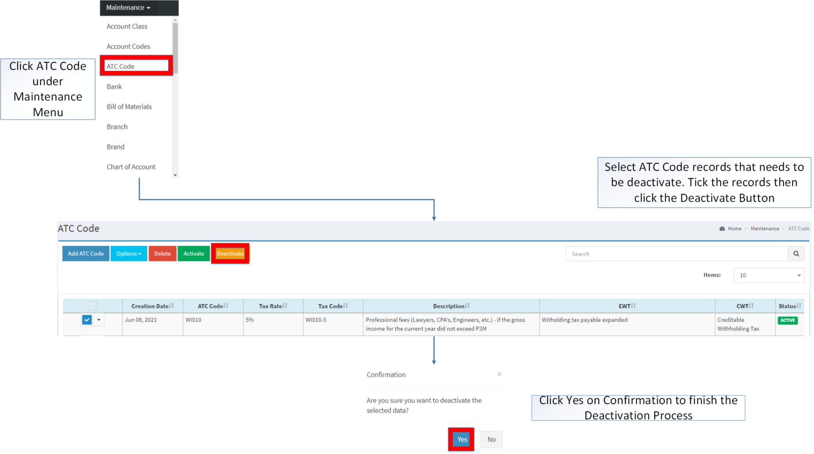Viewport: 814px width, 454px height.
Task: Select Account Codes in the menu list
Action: (x=128, y=46)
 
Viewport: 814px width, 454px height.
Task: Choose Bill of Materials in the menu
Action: (x=129, y=107)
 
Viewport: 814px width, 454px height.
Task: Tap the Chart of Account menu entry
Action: (x=131, y=167)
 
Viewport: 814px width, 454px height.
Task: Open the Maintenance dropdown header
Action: (x=128, y=8)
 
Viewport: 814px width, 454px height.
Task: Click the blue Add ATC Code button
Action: (x=86, y=253)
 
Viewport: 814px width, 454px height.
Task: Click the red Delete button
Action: (x=162, y=253)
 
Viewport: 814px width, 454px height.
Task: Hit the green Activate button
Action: (x=193, y=253)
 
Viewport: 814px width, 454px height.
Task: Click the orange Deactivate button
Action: (x=230, y=253)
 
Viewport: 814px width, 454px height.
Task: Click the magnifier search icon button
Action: (x=796, y=253)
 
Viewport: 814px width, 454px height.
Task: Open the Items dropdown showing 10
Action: (x=769, y=275)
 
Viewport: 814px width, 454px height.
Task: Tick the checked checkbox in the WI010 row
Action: (x=87, y=320)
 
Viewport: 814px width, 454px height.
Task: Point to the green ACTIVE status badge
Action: (x=788, y=320)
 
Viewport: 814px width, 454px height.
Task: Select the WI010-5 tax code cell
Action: (x=316, y=320)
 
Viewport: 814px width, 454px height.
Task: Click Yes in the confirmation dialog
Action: (x=462, y=439)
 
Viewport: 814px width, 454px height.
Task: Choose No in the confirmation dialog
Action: (x=491, y=439)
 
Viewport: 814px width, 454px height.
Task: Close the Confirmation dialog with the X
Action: (x=499, y=374)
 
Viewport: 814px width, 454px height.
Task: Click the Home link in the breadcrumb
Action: (x=734, y=229)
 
